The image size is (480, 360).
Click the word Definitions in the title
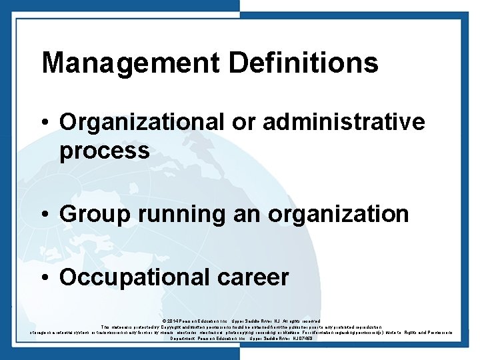click(x=303, y=63)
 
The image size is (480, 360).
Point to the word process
click(x=104, y=151)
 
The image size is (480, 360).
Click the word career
click(x=253, y=277)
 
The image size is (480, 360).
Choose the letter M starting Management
click(x=53, y=63)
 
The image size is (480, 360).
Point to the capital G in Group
click(x=67, y=214)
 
